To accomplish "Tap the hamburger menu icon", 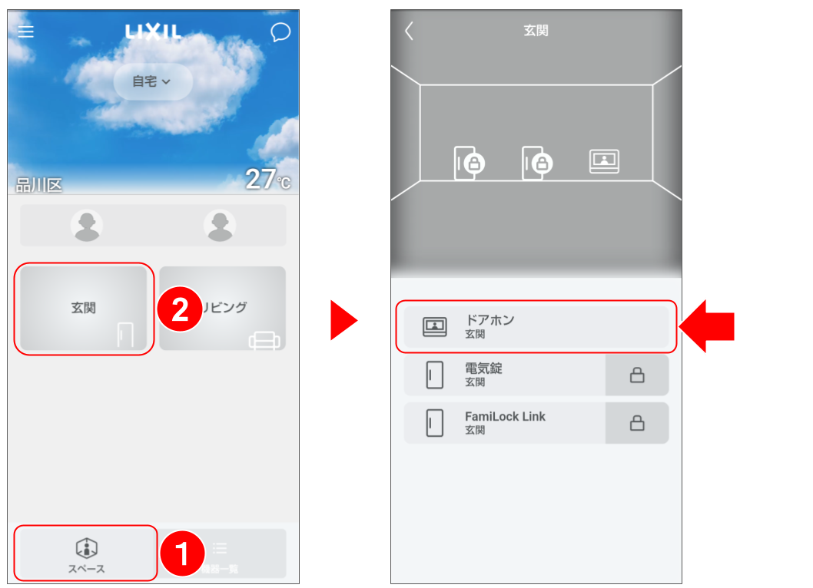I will (26, 31).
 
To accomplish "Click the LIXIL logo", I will (154, 31).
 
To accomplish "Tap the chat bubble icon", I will (280, 31).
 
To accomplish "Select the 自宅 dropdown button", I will (152, 81).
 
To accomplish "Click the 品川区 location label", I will (38, 185).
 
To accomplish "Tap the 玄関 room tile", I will (84, 309).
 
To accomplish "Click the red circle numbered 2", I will (180, 310).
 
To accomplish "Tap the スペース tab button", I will (85, 553).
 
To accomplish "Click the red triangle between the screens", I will (343, 320).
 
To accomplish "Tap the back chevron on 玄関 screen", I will (409, 31).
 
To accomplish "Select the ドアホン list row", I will (536, 326).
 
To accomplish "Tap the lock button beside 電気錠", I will (636, 375).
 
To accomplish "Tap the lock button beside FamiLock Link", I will (636, 423).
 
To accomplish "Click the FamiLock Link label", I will (505, 417).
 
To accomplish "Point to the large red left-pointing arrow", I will (708, 326).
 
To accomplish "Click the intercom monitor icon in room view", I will (604, 161).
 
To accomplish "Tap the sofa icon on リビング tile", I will (264, 340).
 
